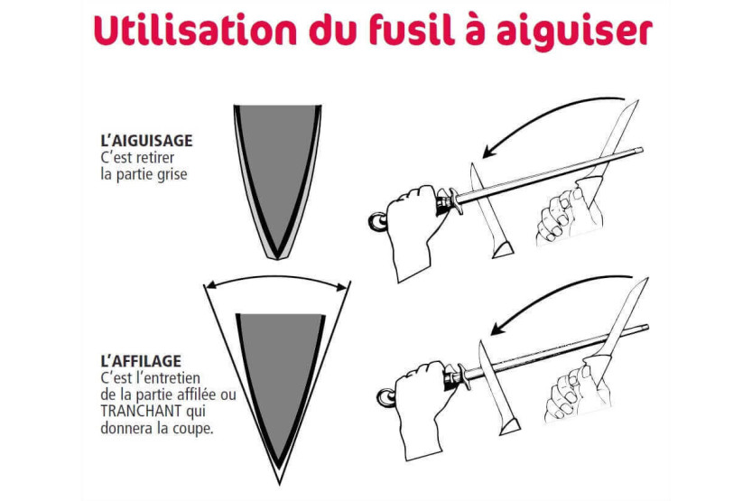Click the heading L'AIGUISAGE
(146, 141)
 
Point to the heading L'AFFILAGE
(141, 360)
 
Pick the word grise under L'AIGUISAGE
(172, 174)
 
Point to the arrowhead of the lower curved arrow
(497, 328)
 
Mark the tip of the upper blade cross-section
(277, 259)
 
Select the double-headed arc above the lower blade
(277, 277)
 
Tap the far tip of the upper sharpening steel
(641, 151)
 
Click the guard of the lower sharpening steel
(463, 379)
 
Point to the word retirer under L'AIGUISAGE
(155, 157)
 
